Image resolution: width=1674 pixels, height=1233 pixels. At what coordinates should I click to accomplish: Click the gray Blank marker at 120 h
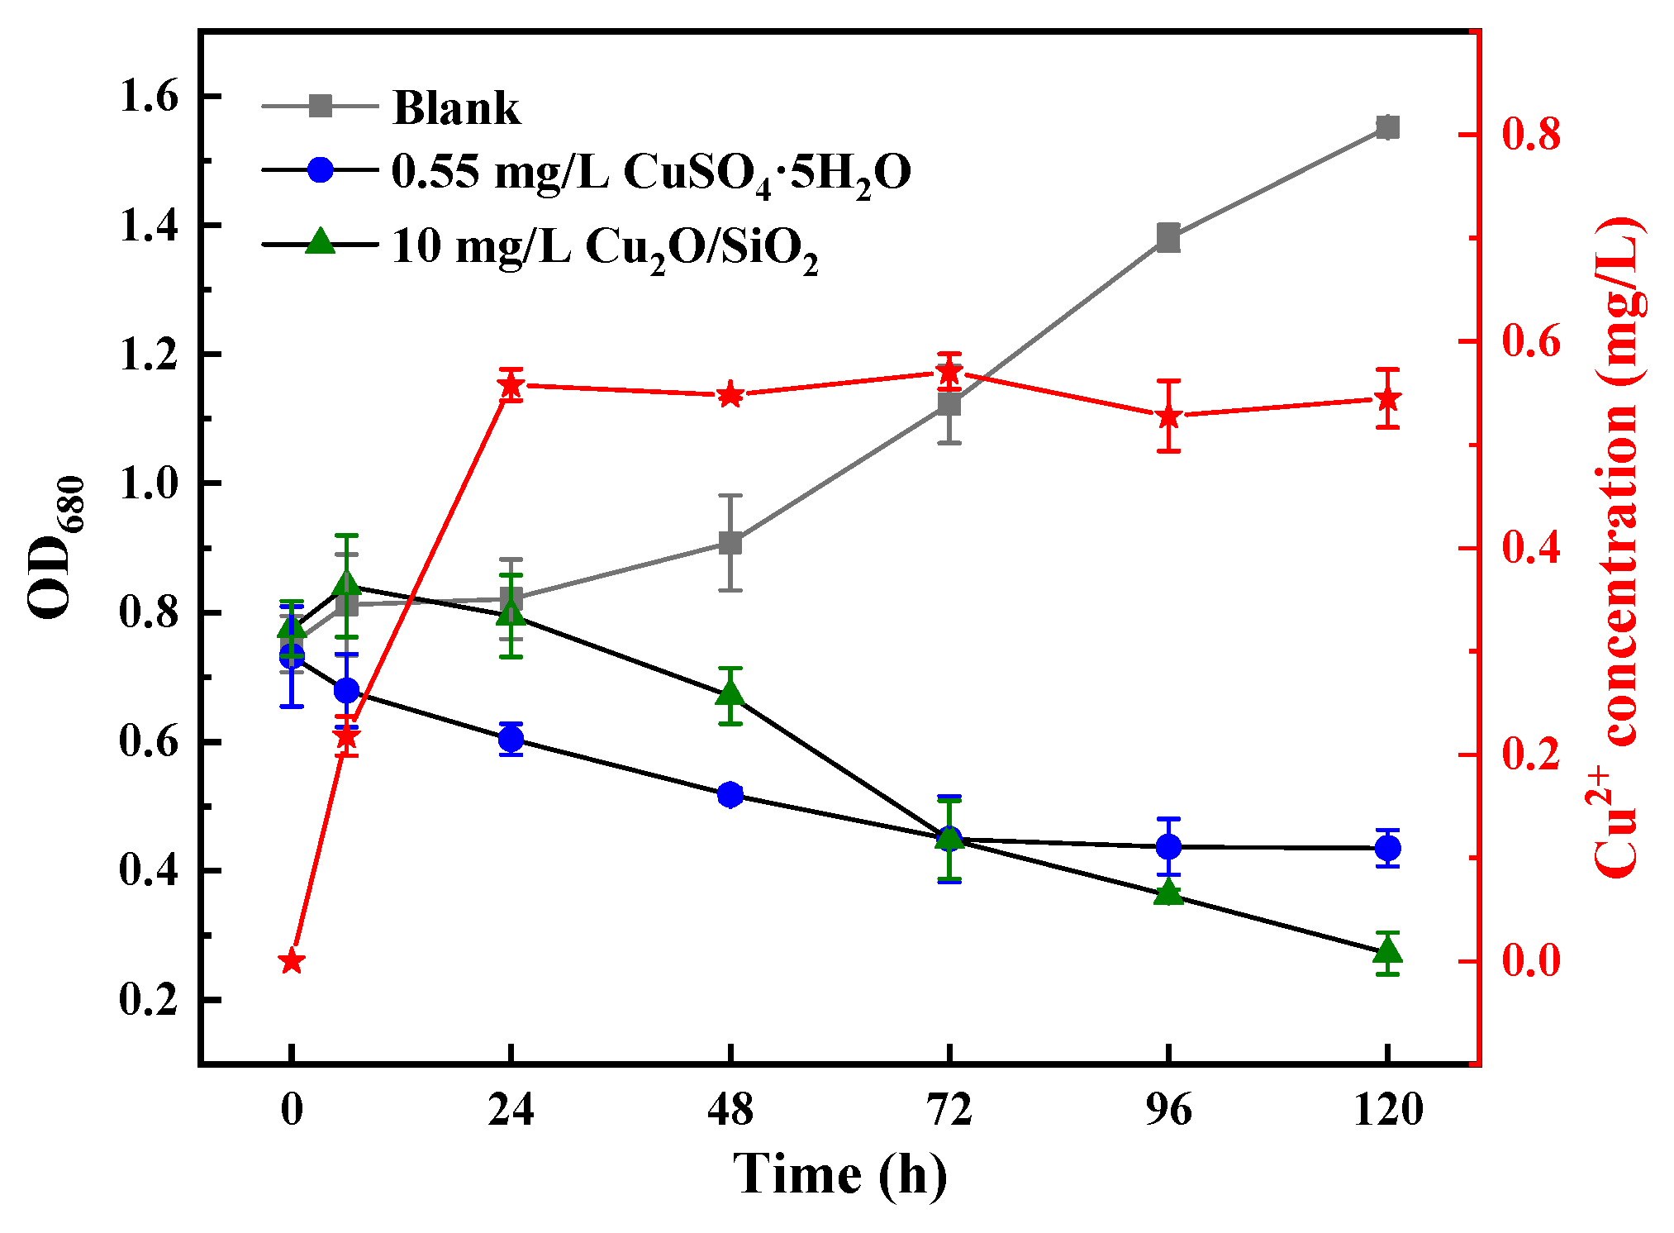[x=1387, y=127]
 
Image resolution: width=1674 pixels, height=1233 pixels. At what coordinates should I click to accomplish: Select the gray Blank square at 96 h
[x=1168, y=238]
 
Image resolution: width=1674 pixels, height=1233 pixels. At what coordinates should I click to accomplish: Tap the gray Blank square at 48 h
[x=730, y=543]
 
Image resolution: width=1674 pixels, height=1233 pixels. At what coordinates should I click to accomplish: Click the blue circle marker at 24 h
[x=511, y=738]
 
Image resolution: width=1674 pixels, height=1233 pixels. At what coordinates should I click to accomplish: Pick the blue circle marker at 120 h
[x=1387, y=848]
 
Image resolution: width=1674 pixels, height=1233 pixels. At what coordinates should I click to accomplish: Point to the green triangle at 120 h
[x=1387, y=952]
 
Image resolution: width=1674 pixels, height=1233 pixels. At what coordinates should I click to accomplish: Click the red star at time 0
[x=291, y=961]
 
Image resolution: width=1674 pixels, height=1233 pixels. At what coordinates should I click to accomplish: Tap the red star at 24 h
[x=511, y=385]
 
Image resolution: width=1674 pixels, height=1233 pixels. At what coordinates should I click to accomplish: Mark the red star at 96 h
[x=1168, y=416]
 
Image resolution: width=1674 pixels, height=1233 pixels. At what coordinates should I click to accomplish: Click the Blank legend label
[x=456, y=107]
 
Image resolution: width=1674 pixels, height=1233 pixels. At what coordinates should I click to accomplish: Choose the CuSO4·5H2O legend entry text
[x=650, y=173]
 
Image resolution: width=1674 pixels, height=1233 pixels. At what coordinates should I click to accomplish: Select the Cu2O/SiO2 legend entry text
[x=604, y=246]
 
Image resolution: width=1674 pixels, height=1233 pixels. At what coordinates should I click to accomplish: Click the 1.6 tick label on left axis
[x=149, y=97]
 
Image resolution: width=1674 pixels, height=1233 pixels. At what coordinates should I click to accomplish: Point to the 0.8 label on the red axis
[x=1531, y=135]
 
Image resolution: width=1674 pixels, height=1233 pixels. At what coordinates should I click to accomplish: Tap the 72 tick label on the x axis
[x=949, y=1109]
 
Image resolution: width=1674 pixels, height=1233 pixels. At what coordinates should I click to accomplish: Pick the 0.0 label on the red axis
[x=1531, y=961]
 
